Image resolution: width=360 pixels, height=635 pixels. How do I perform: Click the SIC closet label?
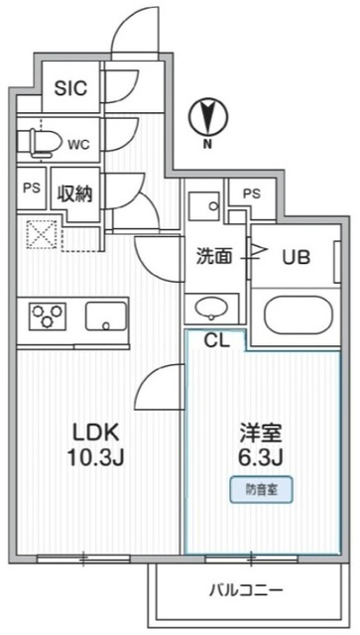coord(70,88)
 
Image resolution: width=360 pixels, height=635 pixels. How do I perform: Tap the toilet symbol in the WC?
coord(41,142)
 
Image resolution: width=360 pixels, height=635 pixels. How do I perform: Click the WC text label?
coord(80,143)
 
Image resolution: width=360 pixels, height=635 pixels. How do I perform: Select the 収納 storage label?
coord(74,193)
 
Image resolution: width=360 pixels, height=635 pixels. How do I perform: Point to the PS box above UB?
coord(252,194)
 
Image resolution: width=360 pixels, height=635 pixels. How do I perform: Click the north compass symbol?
coord(206,117)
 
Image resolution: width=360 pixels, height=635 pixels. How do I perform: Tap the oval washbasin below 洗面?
coord(212,306)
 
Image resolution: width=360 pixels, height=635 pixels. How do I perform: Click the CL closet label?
coord(215,340)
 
